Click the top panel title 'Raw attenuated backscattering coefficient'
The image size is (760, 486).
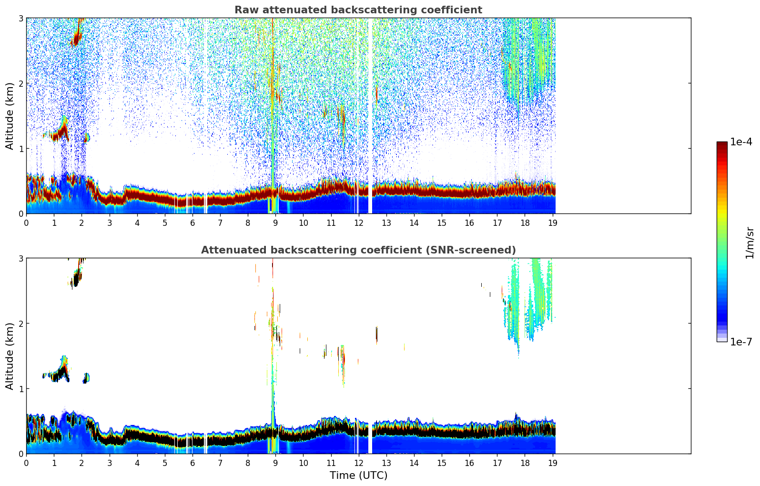click(358, 10)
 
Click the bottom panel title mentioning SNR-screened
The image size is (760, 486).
click(358, 250)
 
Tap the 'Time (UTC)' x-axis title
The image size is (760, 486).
click(358, 476)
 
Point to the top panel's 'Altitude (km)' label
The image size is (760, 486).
click(10, 116)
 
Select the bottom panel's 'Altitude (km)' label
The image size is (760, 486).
click(10, 356)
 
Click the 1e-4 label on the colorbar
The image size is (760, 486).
click(741, 142)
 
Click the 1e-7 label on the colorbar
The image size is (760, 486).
click(741, 342)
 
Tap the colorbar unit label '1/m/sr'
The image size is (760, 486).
click(750, 243)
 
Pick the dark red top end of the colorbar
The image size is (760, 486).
click(722, 144)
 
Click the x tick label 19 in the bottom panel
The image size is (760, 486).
click(552, 463)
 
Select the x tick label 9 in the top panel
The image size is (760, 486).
click(275, 223)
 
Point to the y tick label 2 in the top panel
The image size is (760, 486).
click(20, 83)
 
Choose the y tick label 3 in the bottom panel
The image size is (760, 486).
click(20, 258)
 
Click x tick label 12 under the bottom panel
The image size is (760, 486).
click(358, 463)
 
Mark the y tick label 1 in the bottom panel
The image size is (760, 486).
click(20, 389)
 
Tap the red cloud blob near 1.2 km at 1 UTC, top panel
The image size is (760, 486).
click(60, 133)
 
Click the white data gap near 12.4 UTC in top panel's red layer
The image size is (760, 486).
click(370, 191)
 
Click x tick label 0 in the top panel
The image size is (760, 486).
click(26, 223)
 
